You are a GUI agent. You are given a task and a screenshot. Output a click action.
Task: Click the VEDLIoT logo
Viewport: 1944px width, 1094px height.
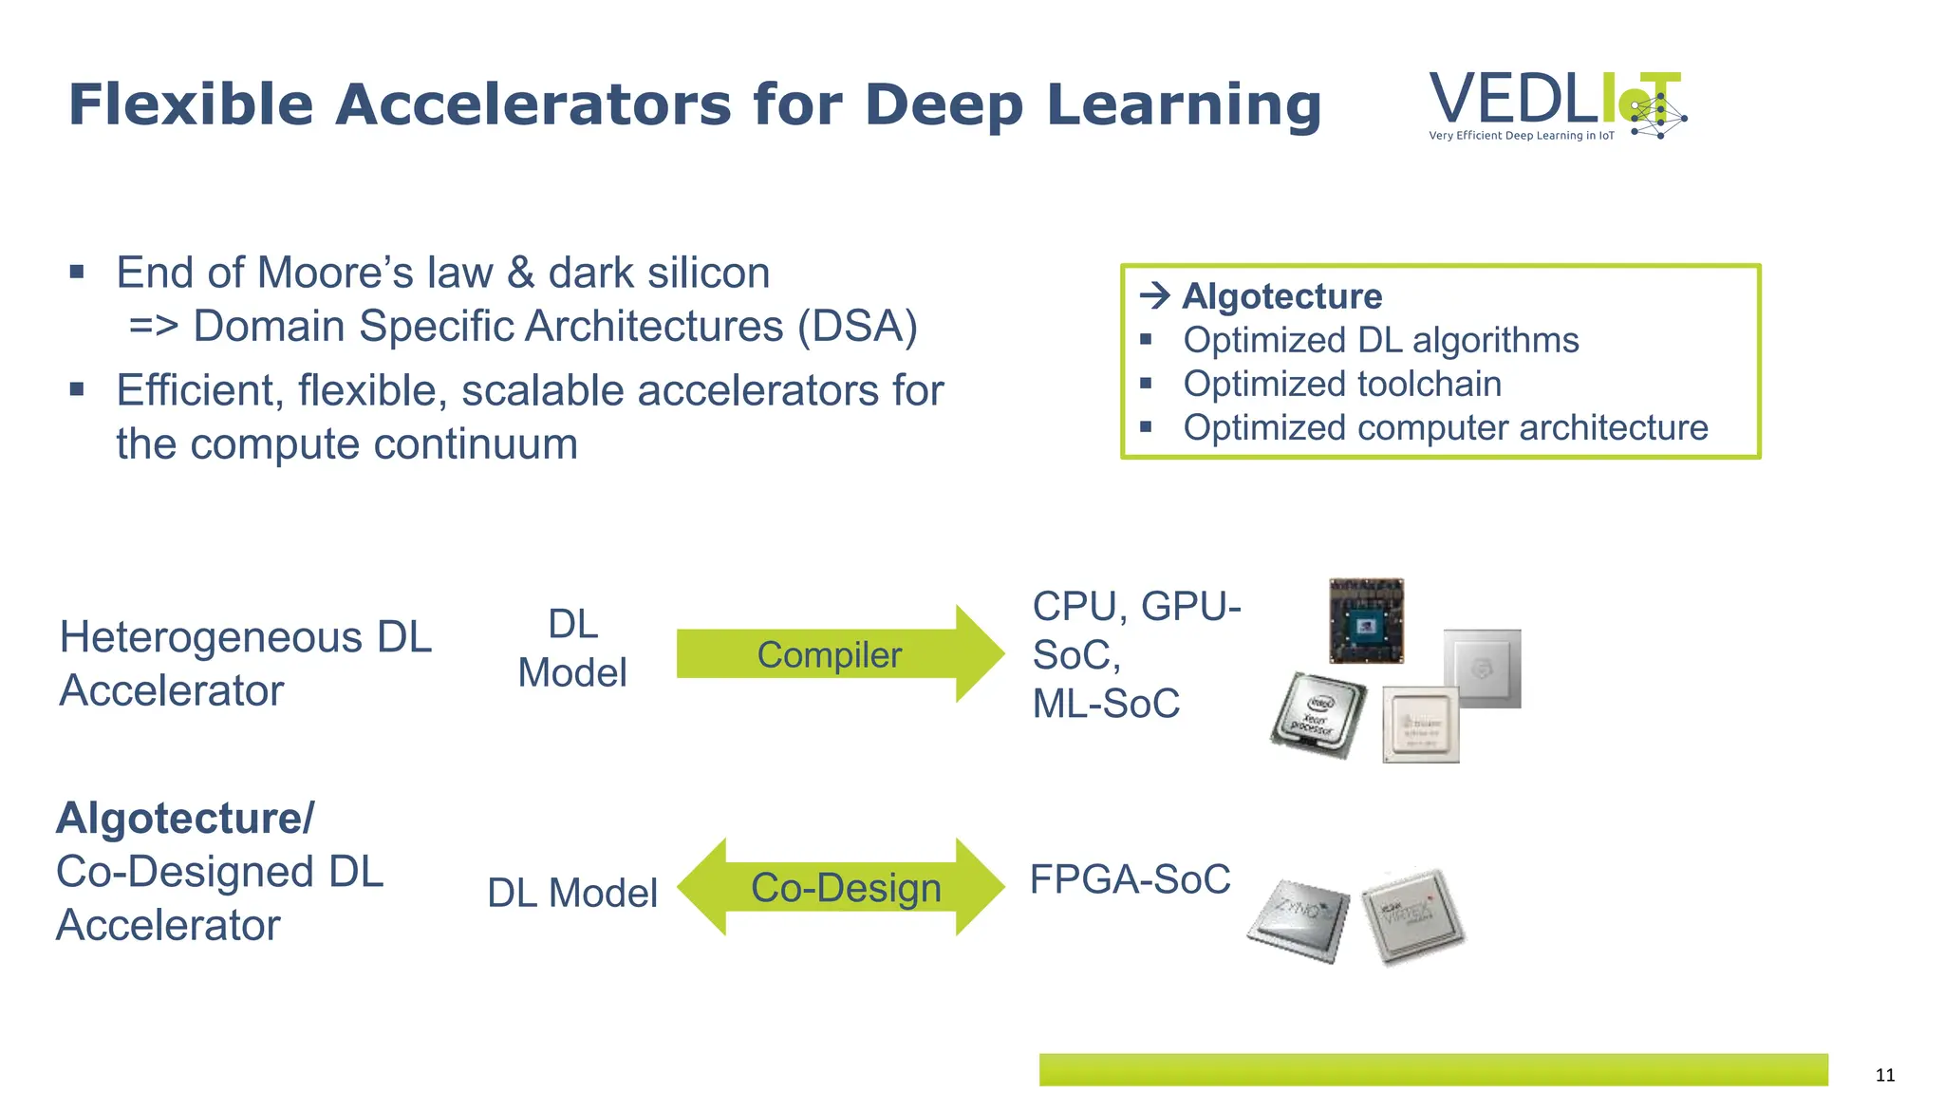(1557, 105)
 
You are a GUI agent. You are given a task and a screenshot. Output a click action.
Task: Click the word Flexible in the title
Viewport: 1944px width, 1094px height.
(191, 104)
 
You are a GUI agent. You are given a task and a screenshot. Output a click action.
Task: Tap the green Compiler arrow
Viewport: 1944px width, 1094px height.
(835, 654)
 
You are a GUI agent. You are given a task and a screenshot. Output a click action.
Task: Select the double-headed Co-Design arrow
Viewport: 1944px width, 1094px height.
(841, 887)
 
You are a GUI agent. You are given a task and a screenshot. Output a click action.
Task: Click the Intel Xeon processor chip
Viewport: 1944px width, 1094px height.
(1318, 716)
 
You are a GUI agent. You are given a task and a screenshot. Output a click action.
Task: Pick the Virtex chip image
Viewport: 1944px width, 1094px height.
(1413, 916)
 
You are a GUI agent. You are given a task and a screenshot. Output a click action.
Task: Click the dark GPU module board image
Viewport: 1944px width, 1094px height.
(1366, 621)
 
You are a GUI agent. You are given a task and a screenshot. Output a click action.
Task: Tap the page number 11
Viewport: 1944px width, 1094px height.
(1885, 1075)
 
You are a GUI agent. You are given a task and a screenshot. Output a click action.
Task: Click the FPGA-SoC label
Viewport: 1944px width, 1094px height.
(1130, 879)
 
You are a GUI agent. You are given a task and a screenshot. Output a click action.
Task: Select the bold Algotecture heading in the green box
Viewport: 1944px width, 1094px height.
(1281, 296)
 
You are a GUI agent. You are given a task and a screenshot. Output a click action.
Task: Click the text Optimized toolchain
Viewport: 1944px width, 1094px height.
(1342, 384)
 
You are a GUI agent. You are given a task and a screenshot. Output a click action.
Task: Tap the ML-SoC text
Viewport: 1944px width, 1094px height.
(1106, 704)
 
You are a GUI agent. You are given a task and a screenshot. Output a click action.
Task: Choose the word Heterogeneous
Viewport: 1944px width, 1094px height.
(211, 637)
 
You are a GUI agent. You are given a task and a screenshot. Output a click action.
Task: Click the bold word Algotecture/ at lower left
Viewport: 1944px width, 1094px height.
(185, 818)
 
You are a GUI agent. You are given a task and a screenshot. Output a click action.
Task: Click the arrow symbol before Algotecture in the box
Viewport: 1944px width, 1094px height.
(1155, 296)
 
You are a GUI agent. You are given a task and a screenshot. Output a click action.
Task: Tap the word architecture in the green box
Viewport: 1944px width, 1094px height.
(1613, 427)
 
